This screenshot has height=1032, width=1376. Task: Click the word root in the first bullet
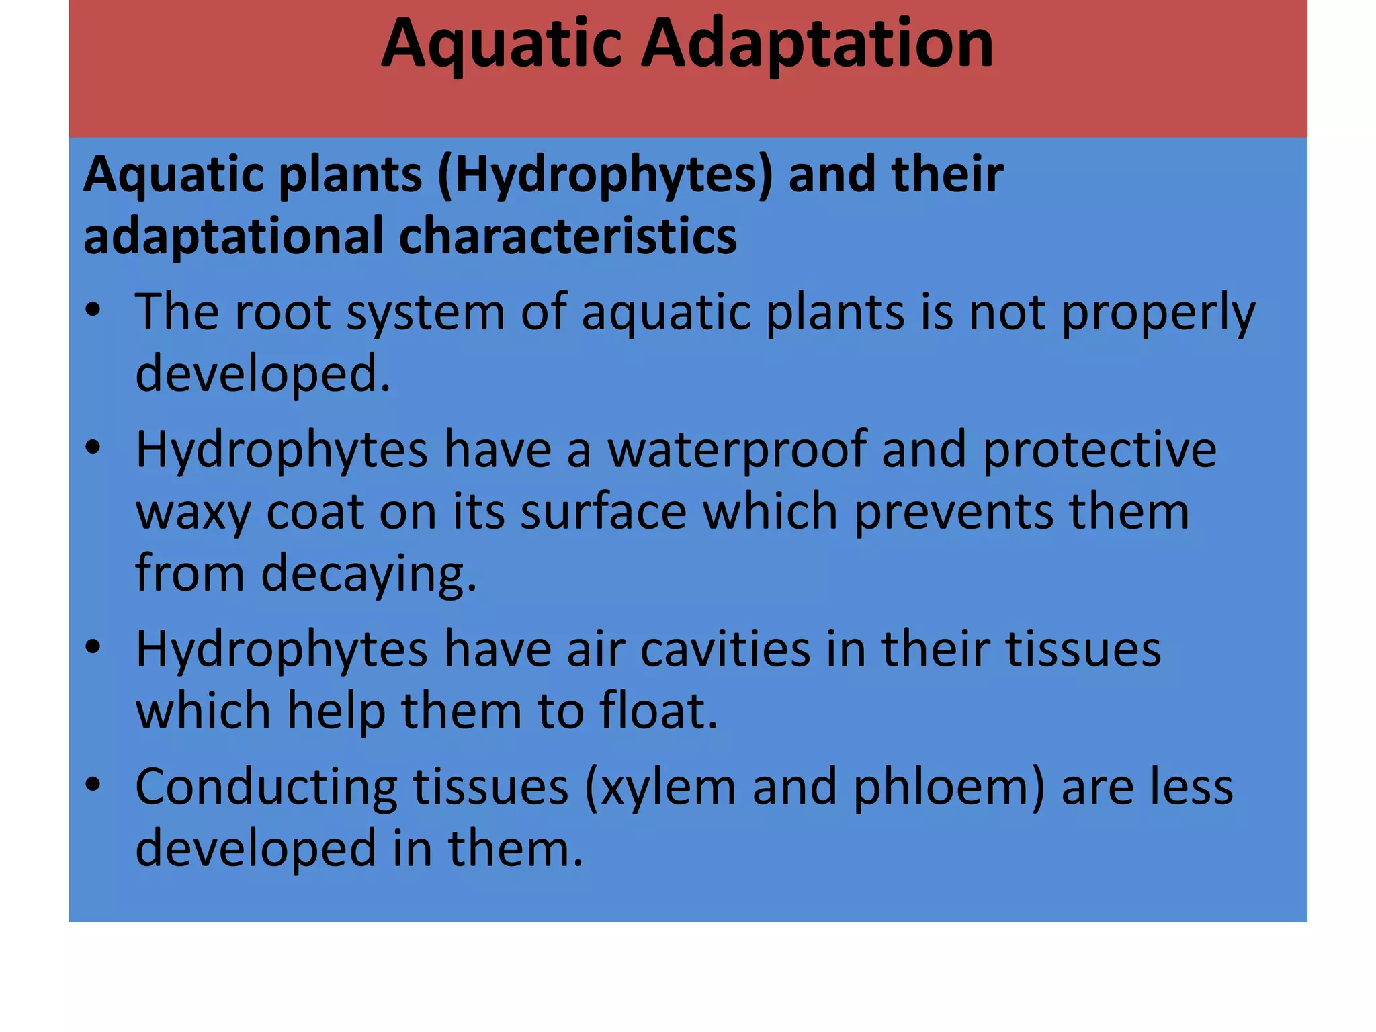(x=282, y=312)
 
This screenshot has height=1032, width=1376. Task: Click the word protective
(x=1099, y=450)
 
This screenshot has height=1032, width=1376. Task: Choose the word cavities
(x=725, y=650)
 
